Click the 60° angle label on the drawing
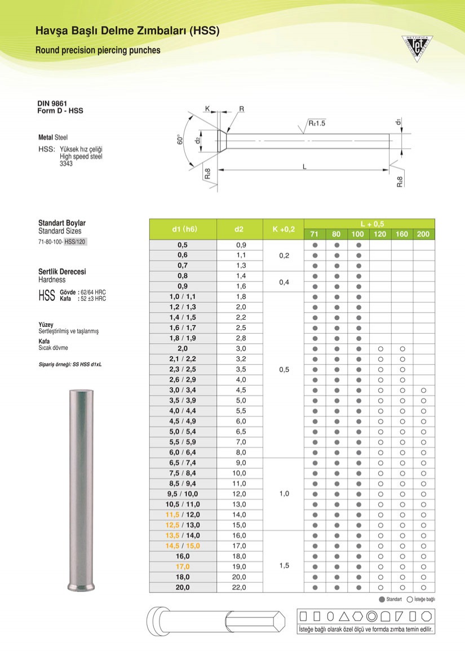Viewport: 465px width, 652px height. click(180, 139)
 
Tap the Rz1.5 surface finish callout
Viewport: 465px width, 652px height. click(317, 123)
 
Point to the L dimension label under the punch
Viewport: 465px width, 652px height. click(304, 166)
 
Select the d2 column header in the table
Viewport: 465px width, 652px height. click(239, 229)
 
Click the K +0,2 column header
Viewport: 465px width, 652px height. click(284, 229)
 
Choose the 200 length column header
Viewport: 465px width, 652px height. click(423, 234)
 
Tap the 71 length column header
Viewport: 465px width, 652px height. click(315, 234)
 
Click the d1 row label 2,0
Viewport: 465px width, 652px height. click(183, 348)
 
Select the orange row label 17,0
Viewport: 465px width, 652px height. click(183, 566)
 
